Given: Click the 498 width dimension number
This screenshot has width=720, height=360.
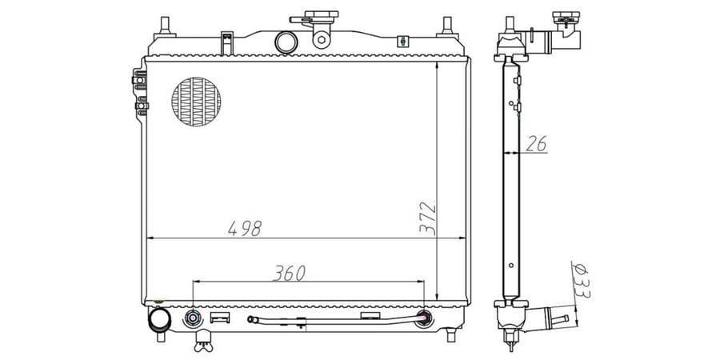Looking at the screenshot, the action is tap(245, 228).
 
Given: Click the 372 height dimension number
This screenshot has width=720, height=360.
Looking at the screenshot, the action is tap(428, 218).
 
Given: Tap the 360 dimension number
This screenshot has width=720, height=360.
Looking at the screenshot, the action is tap(289, 274).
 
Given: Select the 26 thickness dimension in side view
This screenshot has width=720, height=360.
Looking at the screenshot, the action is tap(536, 144).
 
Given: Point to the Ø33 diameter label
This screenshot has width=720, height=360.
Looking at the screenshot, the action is tap(582, 281).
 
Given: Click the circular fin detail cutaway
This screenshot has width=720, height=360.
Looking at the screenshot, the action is tap(196, 102).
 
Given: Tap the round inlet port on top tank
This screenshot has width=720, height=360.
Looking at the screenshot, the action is tap(286, 42).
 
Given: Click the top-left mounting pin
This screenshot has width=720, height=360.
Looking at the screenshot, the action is tap(165, 27).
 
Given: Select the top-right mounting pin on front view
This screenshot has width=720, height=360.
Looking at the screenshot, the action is tap(447, 27).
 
